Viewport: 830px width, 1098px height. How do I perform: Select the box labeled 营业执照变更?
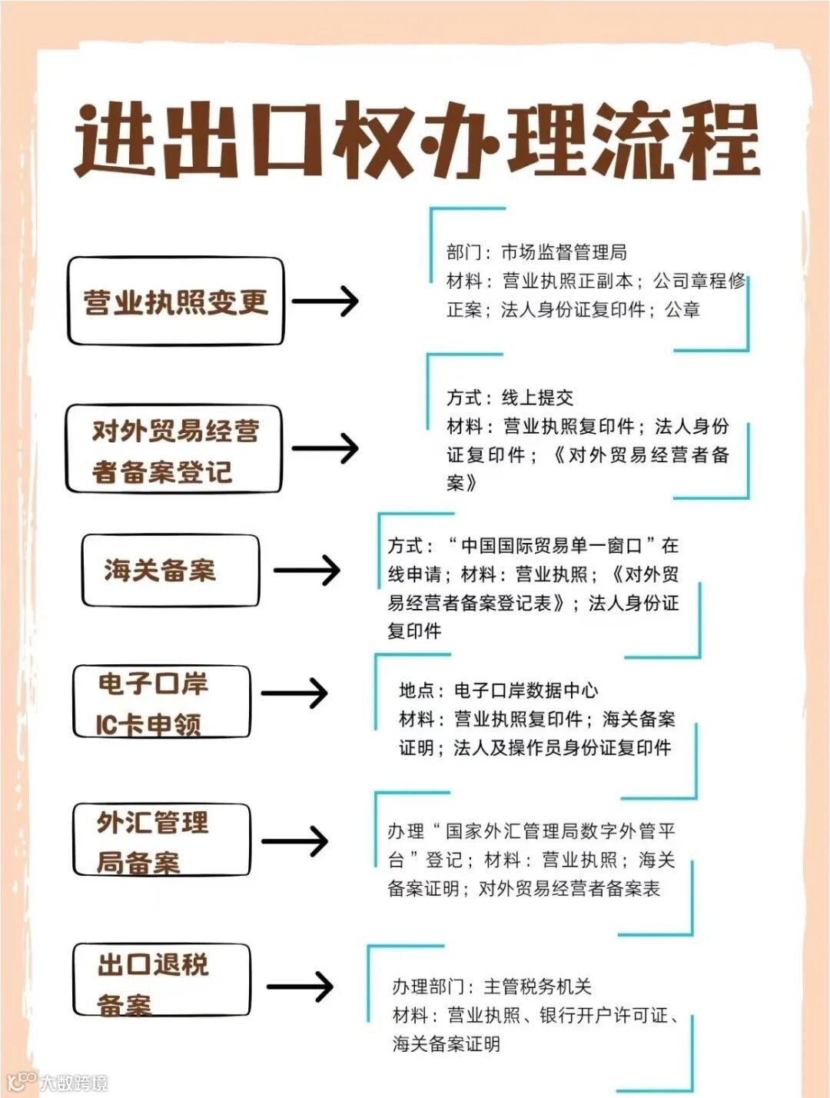click(x=175, y=301)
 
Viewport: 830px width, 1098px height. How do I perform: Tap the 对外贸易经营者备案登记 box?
click(x=174, y=450)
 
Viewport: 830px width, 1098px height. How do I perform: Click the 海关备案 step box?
click(x=170, y=571)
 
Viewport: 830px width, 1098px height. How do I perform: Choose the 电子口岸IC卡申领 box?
click(x=161, y=702)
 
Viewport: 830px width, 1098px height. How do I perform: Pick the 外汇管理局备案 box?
click(x=161, y=840)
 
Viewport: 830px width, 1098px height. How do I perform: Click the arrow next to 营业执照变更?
click(x=325, y=301)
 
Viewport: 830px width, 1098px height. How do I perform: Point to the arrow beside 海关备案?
click(x=307, y=571)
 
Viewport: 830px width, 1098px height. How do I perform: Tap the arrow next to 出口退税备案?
click(x=300, y=987)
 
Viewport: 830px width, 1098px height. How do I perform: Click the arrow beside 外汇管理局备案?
click(x=295, y=840)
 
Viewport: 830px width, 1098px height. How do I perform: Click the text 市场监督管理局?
click(x=564, y=252)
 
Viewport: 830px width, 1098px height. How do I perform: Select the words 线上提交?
click(x=537, y=398)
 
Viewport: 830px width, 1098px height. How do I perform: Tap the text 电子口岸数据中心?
click(x=526, y=690)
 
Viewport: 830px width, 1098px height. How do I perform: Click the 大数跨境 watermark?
click(x=74, y=1083)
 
